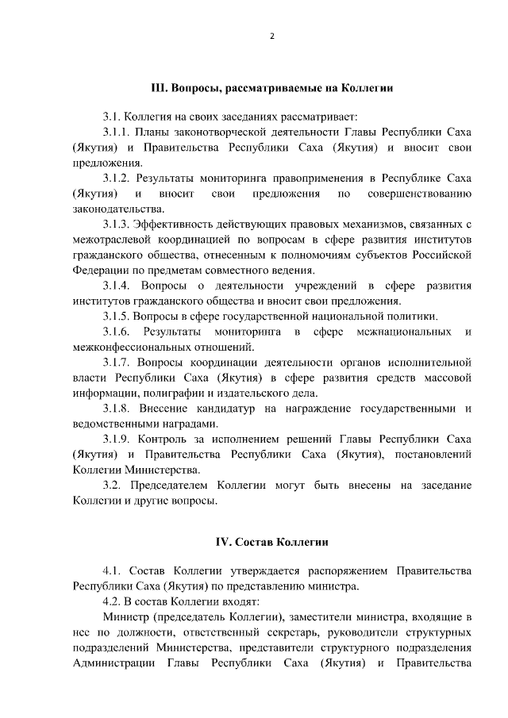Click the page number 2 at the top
pos(271,37)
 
